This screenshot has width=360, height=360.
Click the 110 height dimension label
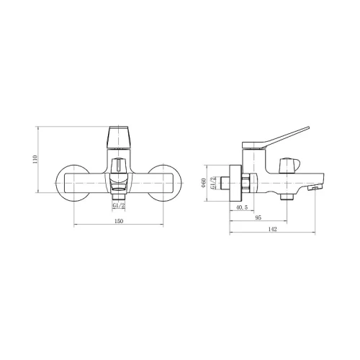coord(35,159)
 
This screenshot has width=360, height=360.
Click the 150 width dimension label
coord(119,221)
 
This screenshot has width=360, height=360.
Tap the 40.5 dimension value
coord(242,207)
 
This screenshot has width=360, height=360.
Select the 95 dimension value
coord(258,217)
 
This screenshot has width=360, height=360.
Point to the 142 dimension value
coord(272,229)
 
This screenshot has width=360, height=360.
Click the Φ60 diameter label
coord(204,183)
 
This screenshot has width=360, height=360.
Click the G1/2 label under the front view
coord(119,205)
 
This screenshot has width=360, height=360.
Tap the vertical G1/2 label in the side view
coord(212,183)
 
